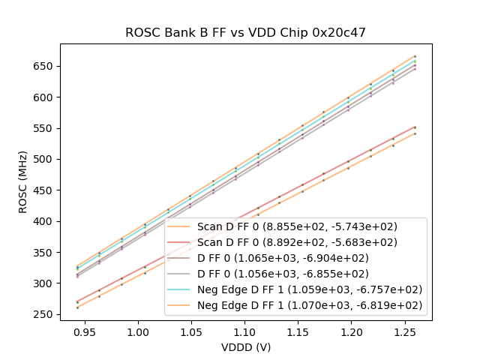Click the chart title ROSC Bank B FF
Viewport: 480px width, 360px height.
245,32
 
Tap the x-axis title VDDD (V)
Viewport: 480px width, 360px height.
245,347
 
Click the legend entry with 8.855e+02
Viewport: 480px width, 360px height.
297,226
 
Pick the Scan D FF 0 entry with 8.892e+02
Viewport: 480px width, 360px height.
297,242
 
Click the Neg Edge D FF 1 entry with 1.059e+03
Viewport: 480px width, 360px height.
310,289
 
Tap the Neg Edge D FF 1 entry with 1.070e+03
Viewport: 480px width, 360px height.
310,305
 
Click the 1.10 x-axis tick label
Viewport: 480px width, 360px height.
245,331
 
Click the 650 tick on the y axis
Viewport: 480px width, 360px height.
45,66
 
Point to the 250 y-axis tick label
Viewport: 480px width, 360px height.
45,315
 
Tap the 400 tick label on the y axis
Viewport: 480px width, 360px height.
45,221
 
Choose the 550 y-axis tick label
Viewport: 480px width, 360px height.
45,128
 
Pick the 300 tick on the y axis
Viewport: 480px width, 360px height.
45,283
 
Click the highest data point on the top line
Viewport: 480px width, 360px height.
415,56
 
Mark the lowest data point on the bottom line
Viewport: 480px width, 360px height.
77,307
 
